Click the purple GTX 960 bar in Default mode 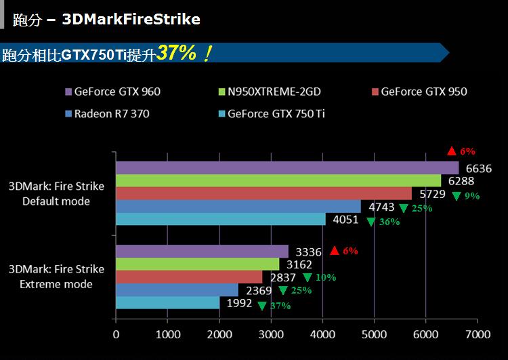[287, 167]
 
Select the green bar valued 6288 [278, 181]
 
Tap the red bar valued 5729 [263, 194]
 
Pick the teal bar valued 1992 [167, 303]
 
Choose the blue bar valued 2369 [177, 290]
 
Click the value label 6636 [478, 169]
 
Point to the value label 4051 [346, 219]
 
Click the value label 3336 [309, 252]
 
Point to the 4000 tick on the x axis [322, 334]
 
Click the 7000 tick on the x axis [478, 334]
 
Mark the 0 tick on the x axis [116, 334]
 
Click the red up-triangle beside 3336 [334, 251]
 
